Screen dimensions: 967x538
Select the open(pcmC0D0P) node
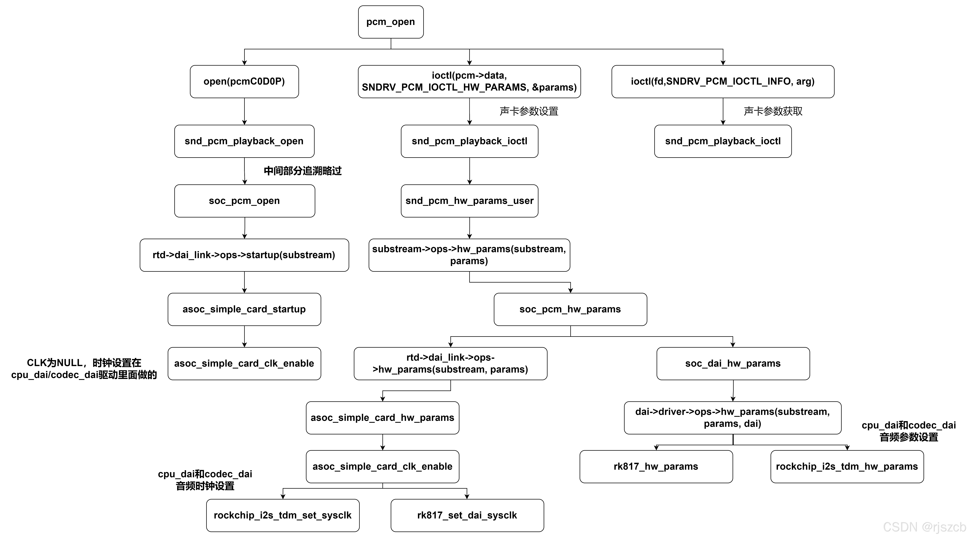click(244, 81)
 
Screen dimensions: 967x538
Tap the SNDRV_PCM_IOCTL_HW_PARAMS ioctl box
click(469, 81)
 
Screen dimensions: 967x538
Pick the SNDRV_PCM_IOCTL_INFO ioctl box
click(723, 81)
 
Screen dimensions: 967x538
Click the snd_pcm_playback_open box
click(244, 141)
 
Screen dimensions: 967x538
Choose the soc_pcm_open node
click(244, 201)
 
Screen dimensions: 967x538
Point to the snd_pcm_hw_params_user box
click(469, 201)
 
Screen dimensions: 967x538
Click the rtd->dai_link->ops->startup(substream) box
click(244, 255)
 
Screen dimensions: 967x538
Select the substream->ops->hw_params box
click(469, 255)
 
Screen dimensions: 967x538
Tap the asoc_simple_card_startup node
click(244, 309)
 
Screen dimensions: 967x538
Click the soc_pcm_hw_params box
click(570, 309)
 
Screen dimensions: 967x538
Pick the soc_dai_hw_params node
click(733, 364)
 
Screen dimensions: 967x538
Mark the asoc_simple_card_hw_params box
click(382, 418)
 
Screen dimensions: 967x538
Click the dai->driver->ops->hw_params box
click(732, 418)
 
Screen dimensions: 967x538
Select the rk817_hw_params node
click(656, 466)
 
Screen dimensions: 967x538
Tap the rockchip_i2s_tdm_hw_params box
click(847, 466)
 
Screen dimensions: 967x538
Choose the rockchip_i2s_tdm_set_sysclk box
click(283, 515)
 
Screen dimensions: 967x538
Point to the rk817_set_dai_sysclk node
click(467, 515)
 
